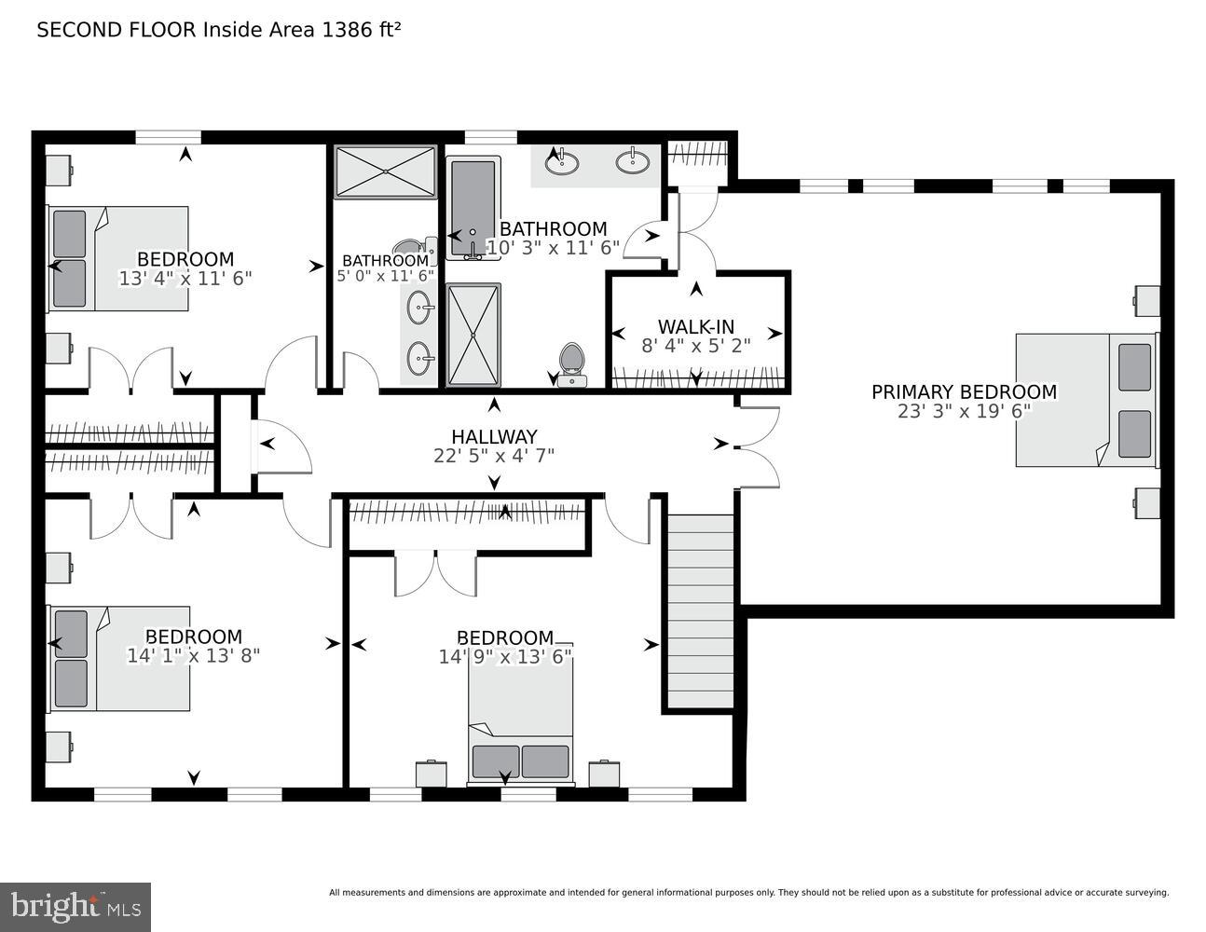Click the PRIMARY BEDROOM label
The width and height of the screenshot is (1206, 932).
964,392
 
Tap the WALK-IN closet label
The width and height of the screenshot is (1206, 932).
695,327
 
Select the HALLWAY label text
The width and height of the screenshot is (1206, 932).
494,436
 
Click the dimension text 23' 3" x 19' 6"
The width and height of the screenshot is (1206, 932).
964,411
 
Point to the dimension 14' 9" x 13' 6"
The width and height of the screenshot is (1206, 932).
505,656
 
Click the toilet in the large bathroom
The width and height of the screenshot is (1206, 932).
571,361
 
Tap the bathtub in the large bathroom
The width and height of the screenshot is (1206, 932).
473,207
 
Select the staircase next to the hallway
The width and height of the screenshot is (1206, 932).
701,610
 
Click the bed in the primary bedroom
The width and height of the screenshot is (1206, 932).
1086,399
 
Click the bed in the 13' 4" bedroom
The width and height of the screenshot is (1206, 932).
117,258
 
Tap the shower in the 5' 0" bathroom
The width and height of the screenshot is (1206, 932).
385,171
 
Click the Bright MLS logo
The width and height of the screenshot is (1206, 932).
75,906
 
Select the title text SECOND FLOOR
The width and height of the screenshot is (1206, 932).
116,30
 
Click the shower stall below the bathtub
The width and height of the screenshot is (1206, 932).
473,335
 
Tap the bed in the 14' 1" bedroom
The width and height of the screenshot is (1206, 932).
119,658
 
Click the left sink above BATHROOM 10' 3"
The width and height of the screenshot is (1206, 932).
561,163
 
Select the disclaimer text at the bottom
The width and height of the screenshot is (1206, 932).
748,893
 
